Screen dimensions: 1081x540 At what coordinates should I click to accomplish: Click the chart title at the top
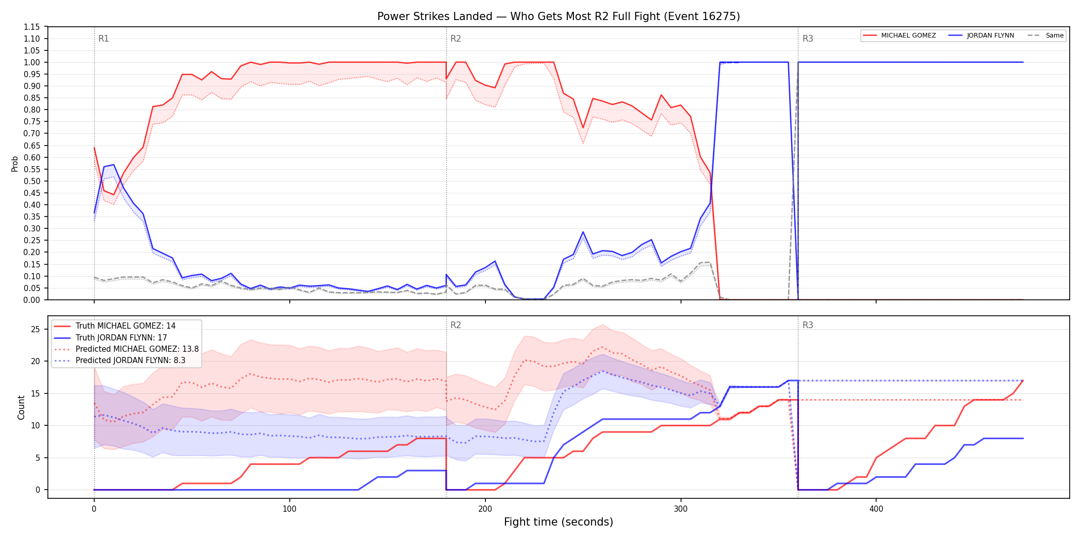click(x=559, y=16)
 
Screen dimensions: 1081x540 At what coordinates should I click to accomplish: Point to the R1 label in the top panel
click(x=103, y=39)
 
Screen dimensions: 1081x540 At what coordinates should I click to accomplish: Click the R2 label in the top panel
click(x=456, y=39)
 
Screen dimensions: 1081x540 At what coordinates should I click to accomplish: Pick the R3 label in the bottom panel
click(x=808, y=325)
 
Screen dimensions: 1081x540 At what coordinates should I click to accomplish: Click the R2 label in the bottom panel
click(x=456, y=325)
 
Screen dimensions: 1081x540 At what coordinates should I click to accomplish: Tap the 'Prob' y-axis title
click(x=15, y=164)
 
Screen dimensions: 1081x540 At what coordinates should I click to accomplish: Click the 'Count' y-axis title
click(x=21, y=407)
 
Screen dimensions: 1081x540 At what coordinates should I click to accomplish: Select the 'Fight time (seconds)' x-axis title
click(x=559, y=522)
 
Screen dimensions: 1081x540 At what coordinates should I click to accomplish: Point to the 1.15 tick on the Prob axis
click(x=32, y=27)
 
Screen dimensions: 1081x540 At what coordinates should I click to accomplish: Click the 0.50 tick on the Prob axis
click(x=32, y=181)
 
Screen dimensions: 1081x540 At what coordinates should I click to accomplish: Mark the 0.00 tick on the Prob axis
click(x=32, y=300)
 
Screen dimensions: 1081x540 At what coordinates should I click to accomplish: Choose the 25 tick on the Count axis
click(x=36, y=329)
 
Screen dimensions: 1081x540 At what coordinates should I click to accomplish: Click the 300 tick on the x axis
click(x=681, y=509)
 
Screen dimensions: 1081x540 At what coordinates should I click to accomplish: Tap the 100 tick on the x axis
click(x=289, y=509)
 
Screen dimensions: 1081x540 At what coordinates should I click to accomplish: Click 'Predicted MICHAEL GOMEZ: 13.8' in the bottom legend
click(x=137, y=349)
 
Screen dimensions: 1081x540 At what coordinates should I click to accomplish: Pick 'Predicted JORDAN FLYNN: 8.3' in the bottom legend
click(x=131, y=360)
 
